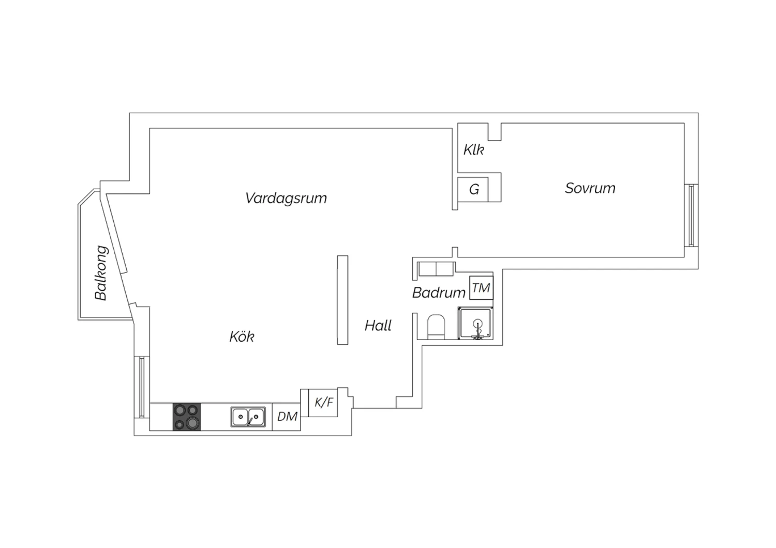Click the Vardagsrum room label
pyautogui.click(x=286, y=198)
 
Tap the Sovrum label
pyautogui.click(x=590, y=188)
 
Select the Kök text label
pyautogui.click(x=242, y=337)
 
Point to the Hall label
pyautogui.click(x=378, y=326)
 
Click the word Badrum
pyautogui.click(x=439, y=293)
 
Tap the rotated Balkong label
pyautogui.click(x=101, y=273)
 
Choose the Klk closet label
pyautogui.click(x=473, y=150)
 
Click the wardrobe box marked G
pyautogui.click(x=474, y=190)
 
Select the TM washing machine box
pyautogui.click(x=481, y=288)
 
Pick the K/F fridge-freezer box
pyautogui.click(x=324, y=402)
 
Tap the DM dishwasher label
pyautogui.click(x=287, y=417)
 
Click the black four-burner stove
pyautogui.click(x=187, y=417)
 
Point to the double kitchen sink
pyautogui.click(x=248, y=417)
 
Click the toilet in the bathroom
pyautogui.click(x=437, y=327)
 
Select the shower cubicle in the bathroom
pyautogui.click(x=475, y=324)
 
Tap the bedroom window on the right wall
pyautogui.click(x=691, y=215)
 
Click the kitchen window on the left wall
pyautogui.click(x=141, y=387)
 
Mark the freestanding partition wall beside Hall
pyautogui.click(x=342, y=300)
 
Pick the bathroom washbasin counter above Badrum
pyautogui.click(x=436, y=269)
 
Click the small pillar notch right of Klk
pyautogui.click(x=495, y=132)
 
